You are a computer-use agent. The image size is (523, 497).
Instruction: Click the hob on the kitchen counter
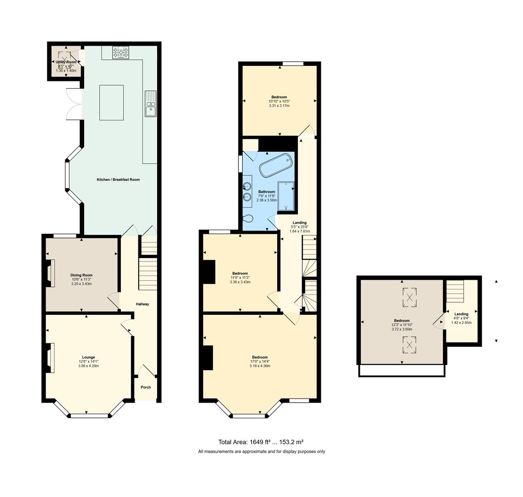[x=121, y=53]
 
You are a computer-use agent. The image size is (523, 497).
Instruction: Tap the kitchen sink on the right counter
[x=150, y=104]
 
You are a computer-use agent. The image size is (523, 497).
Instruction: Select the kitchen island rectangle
[x=111, y=103]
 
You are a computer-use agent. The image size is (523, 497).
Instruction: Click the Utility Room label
[x=66, y=62]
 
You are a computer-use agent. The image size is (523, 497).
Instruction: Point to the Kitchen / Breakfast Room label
[x=118, y=179]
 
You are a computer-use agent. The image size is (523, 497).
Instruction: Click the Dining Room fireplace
[x=50, y=273]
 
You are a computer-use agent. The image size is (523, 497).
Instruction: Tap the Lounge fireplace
[x=50, y=358]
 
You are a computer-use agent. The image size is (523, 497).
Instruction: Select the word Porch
[x=146, y=387]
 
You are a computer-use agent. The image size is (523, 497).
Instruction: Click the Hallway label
[x=142, y=304]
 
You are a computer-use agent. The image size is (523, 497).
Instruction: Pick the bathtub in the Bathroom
[x=276, y=165]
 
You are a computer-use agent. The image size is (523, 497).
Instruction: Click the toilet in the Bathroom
[x=248, y=219]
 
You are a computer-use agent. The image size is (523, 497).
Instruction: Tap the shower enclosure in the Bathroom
[x=286, y=197]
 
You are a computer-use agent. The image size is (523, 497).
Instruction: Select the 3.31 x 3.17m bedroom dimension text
[x=279, y=106]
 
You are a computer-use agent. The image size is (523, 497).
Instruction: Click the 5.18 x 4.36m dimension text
[x=260, y=366]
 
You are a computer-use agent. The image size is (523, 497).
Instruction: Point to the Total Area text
[x=261, y=442]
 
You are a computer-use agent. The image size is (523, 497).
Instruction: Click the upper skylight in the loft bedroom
[x=409, y=297]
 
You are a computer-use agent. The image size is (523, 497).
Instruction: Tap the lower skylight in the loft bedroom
[x=409, y=345]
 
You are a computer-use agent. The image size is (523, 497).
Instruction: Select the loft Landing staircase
[x=455, y=291]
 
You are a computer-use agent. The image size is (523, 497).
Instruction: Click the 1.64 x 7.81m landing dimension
[x=300, y=231]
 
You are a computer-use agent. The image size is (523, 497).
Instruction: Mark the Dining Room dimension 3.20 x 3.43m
[x=81, y=284]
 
